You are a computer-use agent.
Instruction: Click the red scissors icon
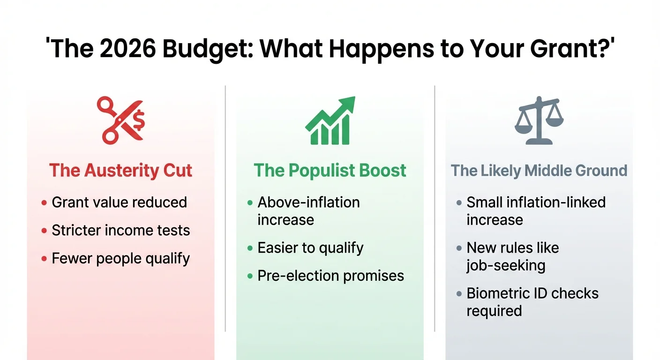pyautogui.click(x=120, y=120)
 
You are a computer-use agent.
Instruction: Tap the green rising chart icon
pyautogui.click(x=330, y=120)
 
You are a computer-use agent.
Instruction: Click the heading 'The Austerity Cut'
pyautogui.click(x=121, y=171)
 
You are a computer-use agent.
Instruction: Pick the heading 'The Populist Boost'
pyautogui.click(x=330, y=171)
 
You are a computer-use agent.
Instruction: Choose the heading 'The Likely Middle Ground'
pyautogui.click(x=539, y=171)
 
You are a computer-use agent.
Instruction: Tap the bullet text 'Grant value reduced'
pyautogui.click(x=119, y=202)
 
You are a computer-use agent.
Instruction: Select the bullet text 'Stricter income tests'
pyautogui.click(x=120, y=231)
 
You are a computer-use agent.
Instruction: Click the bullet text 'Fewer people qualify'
pyautogui.click(x=120, y=258)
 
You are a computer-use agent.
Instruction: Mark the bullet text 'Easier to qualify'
pyautogui.click(x=310, y=248)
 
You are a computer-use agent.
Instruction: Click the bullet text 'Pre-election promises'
pyautogui.click(x=330, y=276)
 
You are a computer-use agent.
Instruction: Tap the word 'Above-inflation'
pyautogui.click(x=308, y=202)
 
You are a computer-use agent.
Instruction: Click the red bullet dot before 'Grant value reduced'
pyautogui.click(x=44, y=203)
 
